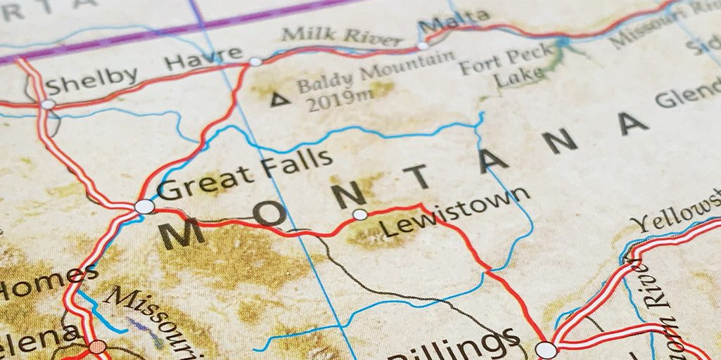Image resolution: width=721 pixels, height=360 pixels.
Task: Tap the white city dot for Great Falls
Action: tap(144, 206)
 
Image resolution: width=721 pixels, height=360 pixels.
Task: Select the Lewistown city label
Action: tap(454, 211)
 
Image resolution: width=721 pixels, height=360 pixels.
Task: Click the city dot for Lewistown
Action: tap(360, 214)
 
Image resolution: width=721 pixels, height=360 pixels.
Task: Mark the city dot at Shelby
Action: tap(48, 104)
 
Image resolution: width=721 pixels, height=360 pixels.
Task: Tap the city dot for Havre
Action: tap(255, 61)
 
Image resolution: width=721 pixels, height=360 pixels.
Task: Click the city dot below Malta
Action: tap(423, 46)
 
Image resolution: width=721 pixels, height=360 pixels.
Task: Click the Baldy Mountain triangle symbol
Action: tap(280, 99)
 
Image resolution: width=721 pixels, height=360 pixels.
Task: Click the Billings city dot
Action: tap(545, 349)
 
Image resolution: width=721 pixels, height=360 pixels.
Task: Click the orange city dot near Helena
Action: tap(98, 346)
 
